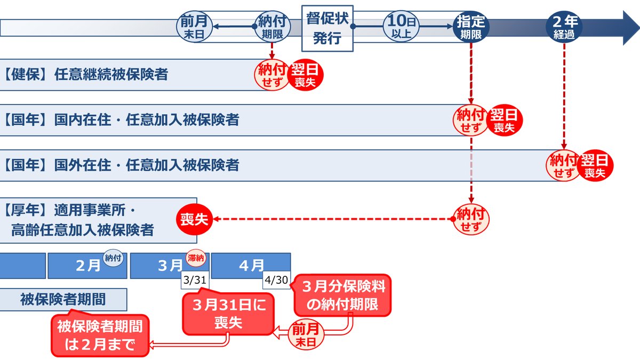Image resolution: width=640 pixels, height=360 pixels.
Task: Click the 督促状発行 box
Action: click(x=327, y=28)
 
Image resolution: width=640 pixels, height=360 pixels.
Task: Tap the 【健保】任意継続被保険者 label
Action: click(x=85, y=74)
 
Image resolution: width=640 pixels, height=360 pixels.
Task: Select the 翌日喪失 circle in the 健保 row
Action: click(x=306, y=75)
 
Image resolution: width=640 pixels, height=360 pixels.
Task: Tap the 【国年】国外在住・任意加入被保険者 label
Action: click(x=121, y=165)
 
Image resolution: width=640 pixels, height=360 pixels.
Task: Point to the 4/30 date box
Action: click(x=277, y=280)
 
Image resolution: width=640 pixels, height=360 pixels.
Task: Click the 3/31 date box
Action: click(x=195, y=280)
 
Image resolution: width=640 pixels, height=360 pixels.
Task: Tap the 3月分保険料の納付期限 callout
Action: click(x=343, y=295)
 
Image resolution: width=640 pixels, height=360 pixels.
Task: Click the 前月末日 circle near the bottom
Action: click(x=306, y=334)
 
